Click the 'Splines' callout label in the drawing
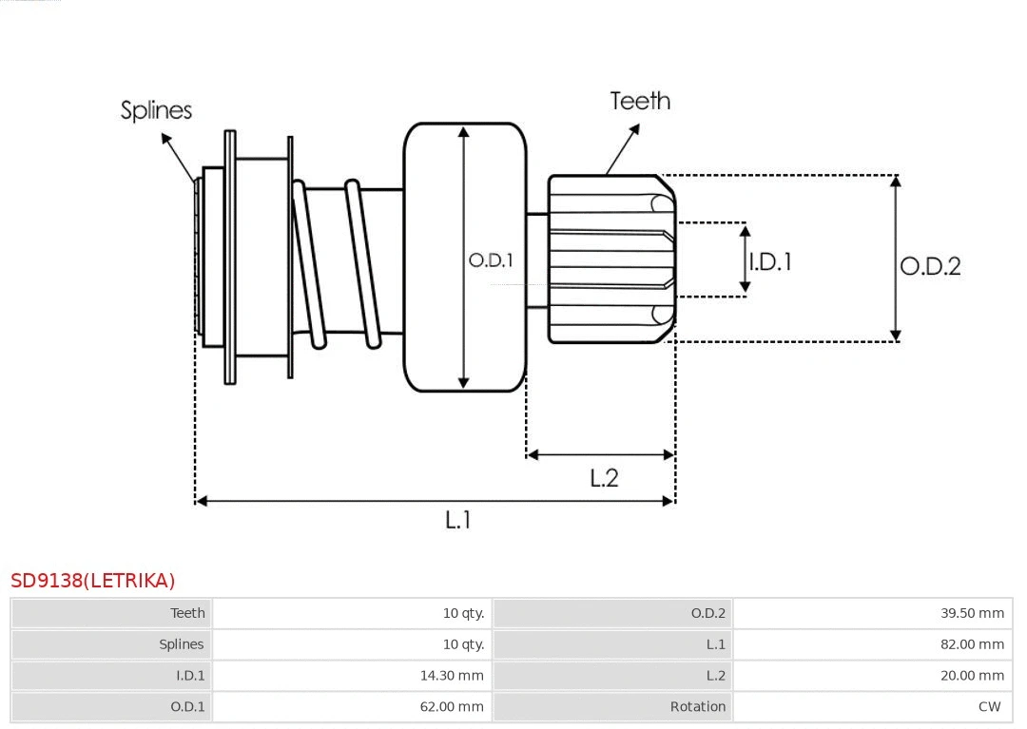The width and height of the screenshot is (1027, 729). (156, 110)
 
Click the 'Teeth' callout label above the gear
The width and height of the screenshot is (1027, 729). (640, 101)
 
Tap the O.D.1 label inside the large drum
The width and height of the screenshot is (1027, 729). (491, 260)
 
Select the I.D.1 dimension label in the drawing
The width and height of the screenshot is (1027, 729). (770, 261)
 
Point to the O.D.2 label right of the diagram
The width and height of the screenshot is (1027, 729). (930, 266)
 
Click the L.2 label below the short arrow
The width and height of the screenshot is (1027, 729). (604, 478)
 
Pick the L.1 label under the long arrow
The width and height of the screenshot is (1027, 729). (458, 520)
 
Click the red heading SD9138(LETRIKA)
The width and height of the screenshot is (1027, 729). (93, 581)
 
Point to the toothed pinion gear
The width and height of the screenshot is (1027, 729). (610, 259)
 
